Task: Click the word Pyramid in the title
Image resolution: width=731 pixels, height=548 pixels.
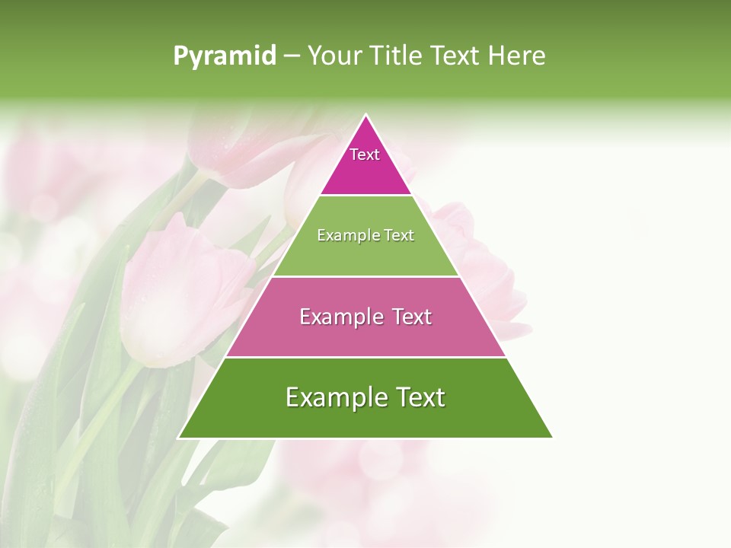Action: tap(224, 56)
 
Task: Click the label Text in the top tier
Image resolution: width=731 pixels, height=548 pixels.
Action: tap(365, 155)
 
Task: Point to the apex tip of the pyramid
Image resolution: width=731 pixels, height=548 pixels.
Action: tap(366, 116)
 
